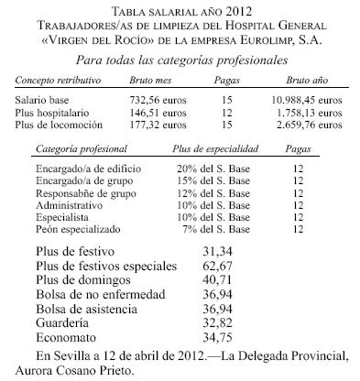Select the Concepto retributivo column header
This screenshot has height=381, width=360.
57,80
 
